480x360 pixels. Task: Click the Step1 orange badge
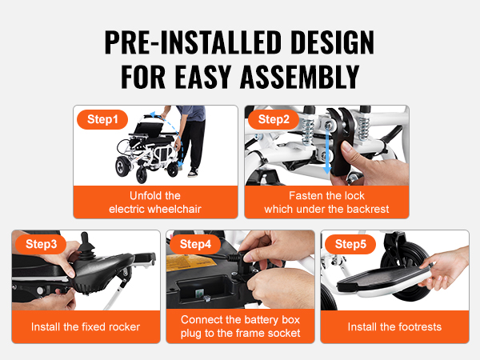coord(102,119)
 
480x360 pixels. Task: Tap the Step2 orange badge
coord(274,119)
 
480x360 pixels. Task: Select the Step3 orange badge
coord(41,244)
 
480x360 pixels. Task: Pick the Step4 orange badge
coord(195,244)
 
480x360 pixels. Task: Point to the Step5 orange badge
coord(350,244)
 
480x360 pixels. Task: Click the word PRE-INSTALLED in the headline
coord(193,42)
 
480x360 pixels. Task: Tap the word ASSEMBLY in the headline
coord(300,77)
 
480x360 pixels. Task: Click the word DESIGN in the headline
coord(333,42)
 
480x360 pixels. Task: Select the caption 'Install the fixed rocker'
coord(86,327)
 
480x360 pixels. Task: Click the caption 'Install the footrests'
coord(394,327)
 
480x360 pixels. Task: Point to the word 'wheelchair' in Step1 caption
coord(174,209)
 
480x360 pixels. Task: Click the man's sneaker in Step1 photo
coord(193,173)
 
